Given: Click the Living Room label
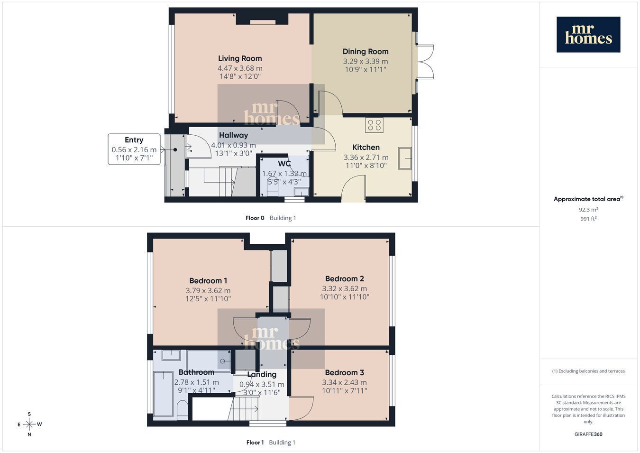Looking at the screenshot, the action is coord(240,59).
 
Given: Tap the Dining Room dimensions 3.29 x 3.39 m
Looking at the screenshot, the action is coord(366,62).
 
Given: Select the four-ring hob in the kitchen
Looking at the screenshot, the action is coord(375,125).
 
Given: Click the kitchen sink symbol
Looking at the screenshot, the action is coord(405,158).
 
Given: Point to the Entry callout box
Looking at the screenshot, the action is coord(134,149).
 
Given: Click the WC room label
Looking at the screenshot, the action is coord(284,164).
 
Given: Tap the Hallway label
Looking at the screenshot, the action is coord(233,135).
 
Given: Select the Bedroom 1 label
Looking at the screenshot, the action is coord(208,281).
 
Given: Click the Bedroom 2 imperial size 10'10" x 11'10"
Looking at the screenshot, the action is coord(345,297).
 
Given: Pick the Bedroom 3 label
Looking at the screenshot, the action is coord(345,373).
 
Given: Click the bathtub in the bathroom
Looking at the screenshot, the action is coord(163,394).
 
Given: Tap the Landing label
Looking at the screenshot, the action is coord(262,374).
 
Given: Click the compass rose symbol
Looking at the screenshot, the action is coord(29,424).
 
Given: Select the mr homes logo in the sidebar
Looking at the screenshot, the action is coord(588,35).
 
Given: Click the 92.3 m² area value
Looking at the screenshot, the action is coord(588,210).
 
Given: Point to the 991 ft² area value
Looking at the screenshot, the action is coord(588,219).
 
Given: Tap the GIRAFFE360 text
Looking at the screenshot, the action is coord(588,434).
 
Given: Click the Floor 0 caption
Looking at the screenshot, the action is coord(255,218).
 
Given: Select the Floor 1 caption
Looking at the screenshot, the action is coord(255,443).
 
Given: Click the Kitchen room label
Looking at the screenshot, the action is coord(366,148).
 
